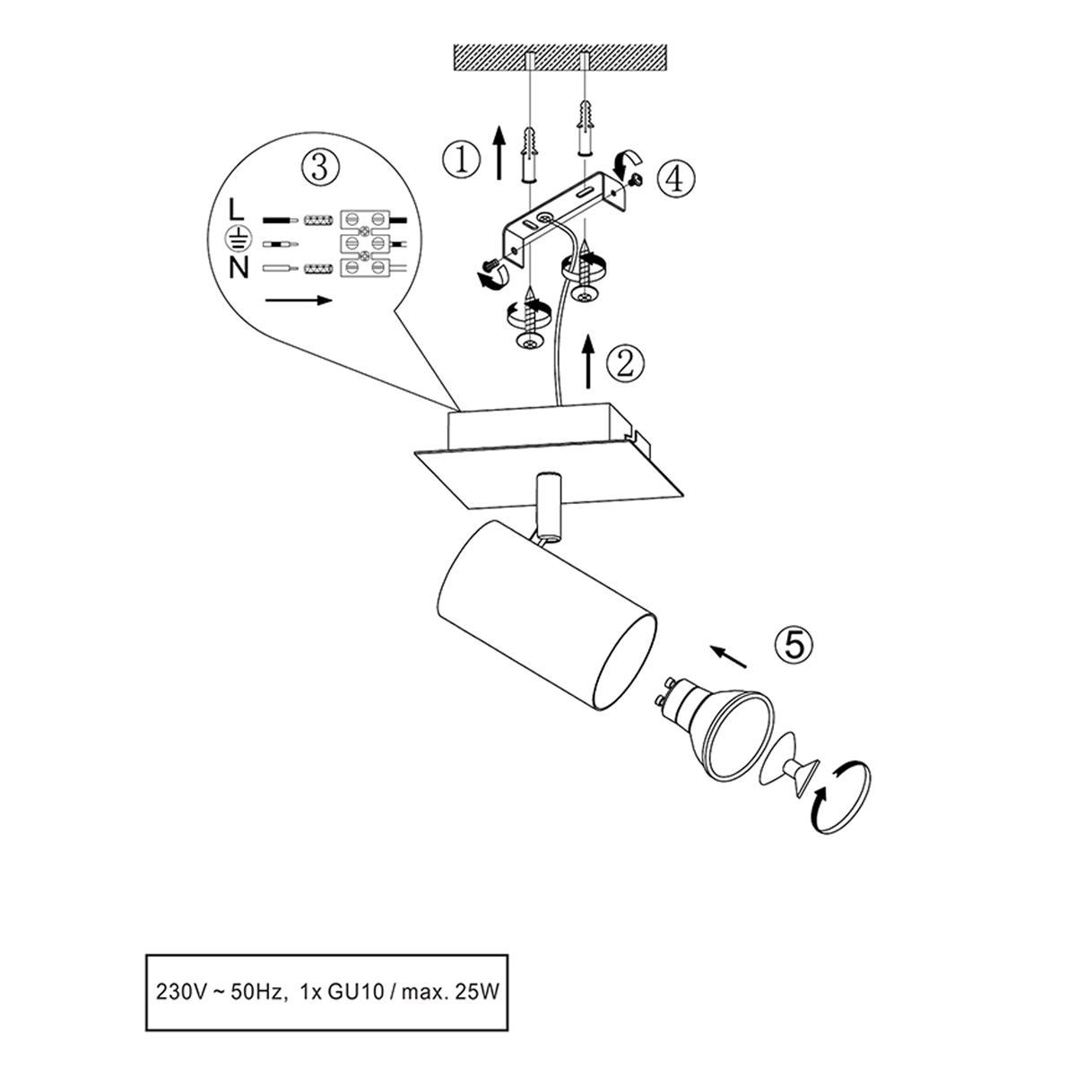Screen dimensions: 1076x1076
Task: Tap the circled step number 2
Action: [x=625, y=364]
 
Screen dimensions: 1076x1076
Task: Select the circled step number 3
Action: [x=320, y=167]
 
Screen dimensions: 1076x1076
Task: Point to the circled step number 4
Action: [x=676, y=179]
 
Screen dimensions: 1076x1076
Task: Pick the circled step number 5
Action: [x=794, y=645]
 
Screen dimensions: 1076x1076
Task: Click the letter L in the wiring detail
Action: [x=236, y=210]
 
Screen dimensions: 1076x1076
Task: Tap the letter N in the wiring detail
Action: [x=239, y=269]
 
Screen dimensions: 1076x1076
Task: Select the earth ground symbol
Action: [x=235, y=239]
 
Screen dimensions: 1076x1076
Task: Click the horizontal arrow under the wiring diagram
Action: [x=299, y=300]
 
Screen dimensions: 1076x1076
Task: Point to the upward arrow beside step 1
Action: [x=499, y=152]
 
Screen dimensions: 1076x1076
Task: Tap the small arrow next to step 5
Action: [x=728, y=656]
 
